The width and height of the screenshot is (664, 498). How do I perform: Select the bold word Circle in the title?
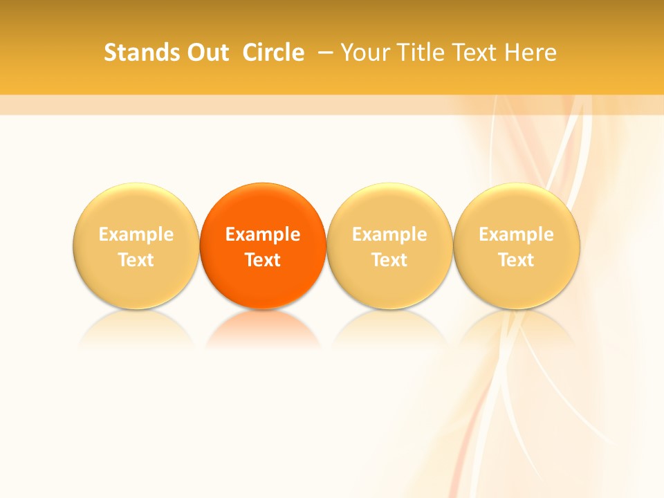273,53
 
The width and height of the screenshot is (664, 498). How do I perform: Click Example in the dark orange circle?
263,234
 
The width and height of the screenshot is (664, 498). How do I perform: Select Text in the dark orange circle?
263,260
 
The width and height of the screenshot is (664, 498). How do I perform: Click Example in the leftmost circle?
136,234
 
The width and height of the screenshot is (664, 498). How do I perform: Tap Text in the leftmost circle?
136,260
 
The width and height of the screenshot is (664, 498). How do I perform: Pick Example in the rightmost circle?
516,234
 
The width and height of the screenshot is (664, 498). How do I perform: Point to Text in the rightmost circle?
516,260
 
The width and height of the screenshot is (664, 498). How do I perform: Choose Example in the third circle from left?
389,234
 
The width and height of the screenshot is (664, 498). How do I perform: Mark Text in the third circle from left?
389,260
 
